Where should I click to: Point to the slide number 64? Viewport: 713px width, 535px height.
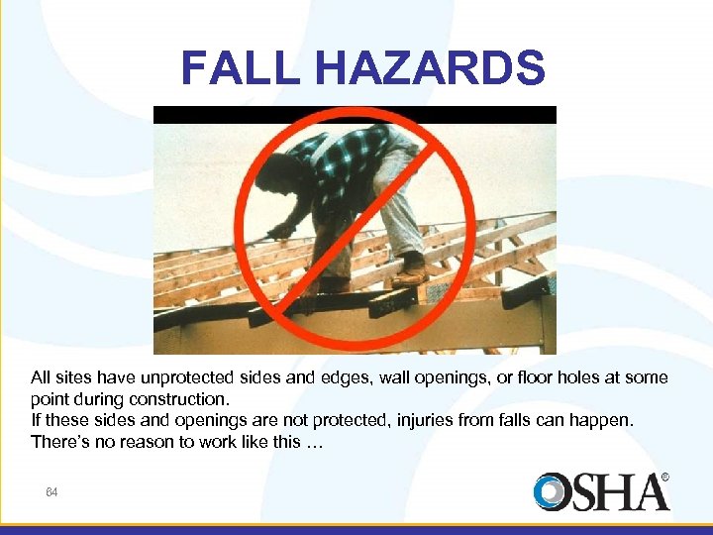[51, 492]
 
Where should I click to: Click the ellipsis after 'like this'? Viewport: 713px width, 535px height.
[313, 442]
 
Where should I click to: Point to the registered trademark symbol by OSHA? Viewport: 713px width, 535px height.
[664, 478]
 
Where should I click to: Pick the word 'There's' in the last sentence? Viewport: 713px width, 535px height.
[59, 442]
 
